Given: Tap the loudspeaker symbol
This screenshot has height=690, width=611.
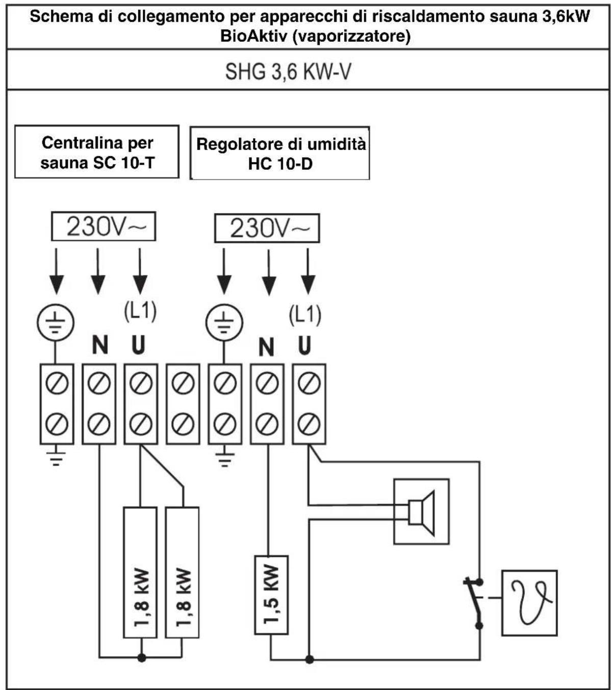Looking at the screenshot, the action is (421, 512).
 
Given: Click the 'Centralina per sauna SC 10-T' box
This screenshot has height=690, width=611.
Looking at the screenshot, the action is (97, 152).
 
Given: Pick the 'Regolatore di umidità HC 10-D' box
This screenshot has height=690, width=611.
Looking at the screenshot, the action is (279, 154).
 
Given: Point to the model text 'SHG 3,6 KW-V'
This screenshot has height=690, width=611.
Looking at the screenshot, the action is (288, 71).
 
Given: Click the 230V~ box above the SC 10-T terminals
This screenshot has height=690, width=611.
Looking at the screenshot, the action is (104, 226).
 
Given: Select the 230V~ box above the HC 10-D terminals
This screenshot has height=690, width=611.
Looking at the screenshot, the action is (267, 228).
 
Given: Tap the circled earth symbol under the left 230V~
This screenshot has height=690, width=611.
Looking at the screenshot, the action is (55, 322).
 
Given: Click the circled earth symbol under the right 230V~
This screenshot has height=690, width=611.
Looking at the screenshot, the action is (224, 322).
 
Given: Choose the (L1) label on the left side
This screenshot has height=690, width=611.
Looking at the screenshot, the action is (140, 311).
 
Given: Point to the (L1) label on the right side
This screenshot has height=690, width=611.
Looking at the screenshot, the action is (305, 315).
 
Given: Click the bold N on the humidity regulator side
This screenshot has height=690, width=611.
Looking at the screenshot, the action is (266, 347).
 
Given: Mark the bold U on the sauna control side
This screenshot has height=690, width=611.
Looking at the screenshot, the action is (138, 345).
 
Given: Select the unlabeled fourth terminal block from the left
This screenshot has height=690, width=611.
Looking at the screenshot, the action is (183, 404).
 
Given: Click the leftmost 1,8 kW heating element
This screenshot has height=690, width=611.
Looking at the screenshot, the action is (140, 573).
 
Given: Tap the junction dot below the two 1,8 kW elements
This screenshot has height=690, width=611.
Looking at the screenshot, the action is (142, 657).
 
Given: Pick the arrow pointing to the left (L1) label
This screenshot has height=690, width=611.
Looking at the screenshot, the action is (140, 271).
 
